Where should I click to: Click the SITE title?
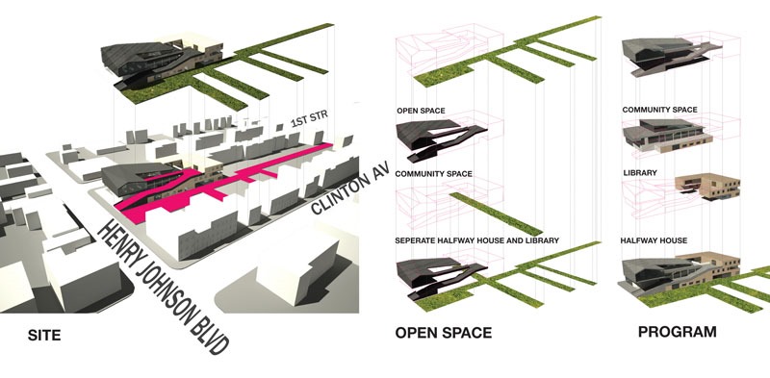point(43,336)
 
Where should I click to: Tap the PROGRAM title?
point(678,332)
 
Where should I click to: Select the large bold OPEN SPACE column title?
point(444,333)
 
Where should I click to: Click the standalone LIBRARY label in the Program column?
point(640,173)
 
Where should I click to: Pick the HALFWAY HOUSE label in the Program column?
point(654,240)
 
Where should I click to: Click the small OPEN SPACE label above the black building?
point(421,111)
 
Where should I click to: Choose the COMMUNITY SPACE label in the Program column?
point(659,110)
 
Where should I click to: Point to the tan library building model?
point(707,188)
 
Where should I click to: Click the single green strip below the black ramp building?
point(496,214)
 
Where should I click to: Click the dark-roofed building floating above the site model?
point(162,62)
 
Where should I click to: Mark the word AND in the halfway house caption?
point(510,240)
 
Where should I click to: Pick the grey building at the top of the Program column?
point(668,55)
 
